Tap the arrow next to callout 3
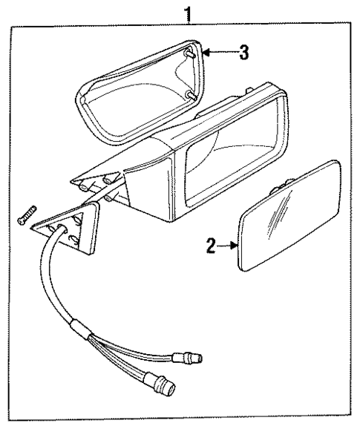pyautogui.click(x=215, y=52)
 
